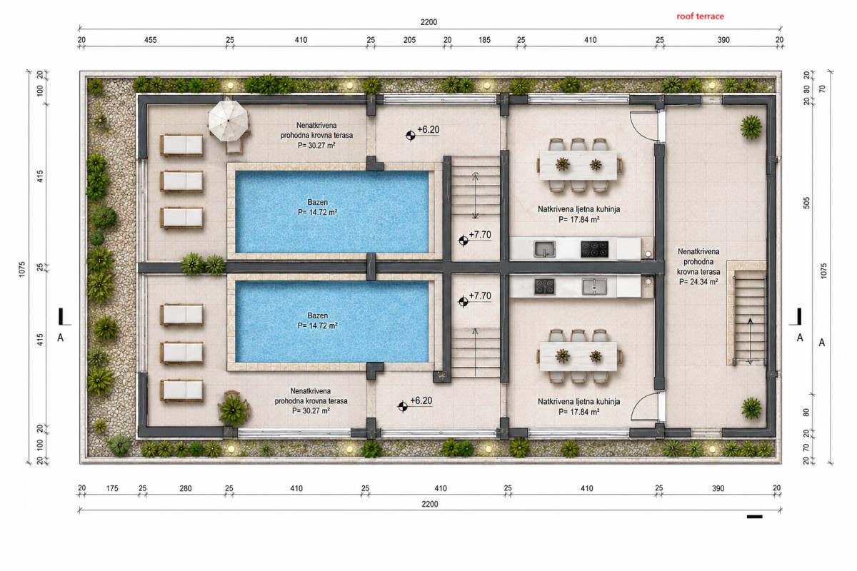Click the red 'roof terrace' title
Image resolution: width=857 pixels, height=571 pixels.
(700, 16)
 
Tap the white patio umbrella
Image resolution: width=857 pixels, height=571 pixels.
(229, 121)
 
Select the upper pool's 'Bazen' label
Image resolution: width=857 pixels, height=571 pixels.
(318, 202)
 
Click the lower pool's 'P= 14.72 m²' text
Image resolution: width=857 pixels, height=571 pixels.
(318, 325)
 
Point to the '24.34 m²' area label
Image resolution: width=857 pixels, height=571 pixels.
(698, 282)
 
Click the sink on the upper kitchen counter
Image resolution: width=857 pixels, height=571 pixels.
(545, 248)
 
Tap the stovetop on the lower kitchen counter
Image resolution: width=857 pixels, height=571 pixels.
(544, 287)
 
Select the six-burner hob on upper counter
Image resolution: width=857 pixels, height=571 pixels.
(594, 249)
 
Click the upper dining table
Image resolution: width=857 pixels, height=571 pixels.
(578, 165)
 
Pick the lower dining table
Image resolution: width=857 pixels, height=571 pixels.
(578, 356)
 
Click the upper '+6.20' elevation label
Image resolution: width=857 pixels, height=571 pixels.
(428, 130)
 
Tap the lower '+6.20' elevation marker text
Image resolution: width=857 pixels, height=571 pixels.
(421, 400)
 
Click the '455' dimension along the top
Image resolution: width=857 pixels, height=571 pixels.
(151, 40)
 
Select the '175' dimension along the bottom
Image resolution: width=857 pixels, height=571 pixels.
(112, 488)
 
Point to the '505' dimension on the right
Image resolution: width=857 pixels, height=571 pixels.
(806, 203)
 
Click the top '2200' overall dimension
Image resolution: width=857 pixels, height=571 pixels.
(428, 22)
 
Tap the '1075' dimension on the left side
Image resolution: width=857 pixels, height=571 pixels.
(22, 269)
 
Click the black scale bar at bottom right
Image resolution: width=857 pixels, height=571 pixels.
(754, 517)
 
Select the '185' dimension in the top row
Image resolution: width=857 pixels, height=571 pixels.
(484, 40)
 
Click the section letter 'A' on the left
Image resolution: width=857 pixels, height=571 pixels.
(60, 338)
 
